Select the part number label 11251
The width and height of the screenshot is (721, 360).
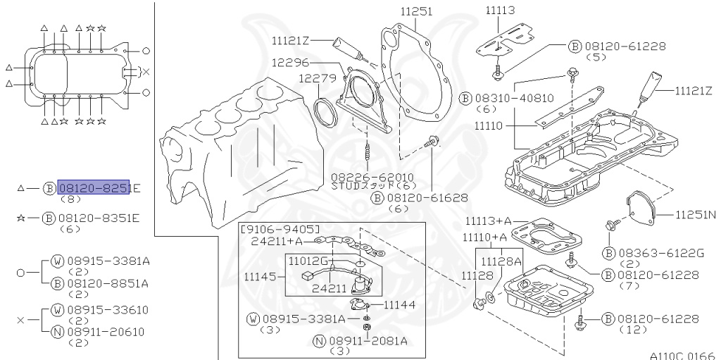(417, 11)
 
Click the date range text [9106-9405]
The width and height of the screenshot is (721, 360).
(280, 230)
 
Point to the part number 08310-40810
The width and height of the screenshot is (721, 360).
(513, 99)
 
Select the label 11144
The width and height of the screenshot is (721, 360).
(399, 304)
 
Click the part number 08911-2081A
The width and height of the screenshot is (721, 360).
(368, 340)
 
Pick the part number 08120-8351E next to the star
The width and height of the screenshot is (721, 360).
(99, 218)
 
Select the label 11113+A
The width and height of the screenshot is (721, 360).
(487, 223)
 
